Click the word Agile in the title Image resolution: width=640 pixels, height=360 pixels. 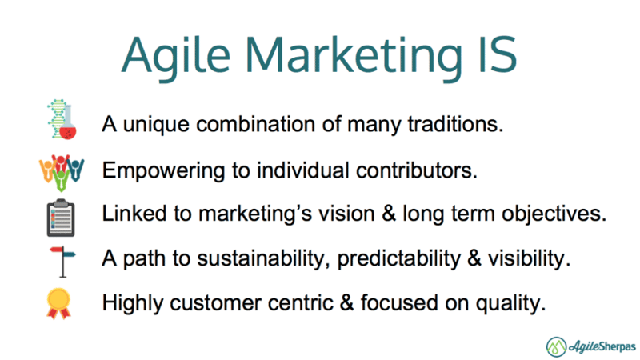pos(176,58)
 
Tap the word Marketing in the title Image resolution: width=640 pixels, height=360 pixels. pos(354,58)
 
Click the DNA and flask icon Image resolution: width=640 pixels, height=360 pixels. pos(62,119)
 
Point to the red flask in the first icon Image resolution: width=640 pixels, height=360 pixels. pos(68,129)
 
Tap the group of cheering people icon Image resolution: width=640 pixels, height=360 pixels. pos(62,172)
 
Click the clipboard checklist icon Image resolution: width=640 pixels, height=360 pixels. pos(61,218)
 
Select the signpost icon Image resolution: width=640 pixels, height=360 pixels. pos(62,262)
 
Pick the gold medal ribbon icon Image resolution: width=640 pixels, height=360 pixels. pos(58,303)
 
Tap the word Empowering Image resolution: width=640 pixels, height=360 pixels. pos(163,171)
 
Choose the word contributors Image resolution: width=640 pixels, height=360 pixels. pos(416,170)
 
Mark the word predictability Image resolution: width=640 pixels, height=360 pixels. pos(398,259)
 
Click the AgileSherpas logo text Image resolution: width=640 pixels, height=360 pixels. pos(602,347)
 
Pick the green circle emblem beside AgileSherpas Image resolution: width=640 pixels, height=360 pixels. pos(556,347)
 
